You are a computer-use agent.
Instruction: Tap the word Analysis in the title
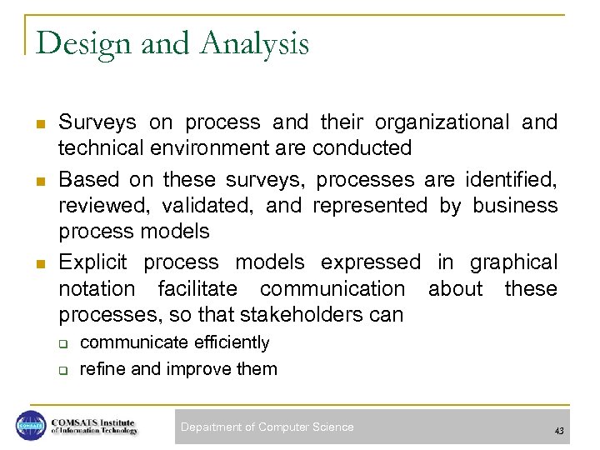click(x=249, y=43)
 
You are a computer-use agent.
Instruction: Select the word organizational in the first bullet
click(x=442, y=122)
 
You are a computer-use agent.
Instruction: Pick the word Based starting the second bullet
click(x=87, y=179)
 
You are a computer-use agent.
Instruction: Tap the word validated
click(x=208, y=205)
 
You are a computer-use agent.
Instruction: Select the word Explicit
click(x=92, y=262)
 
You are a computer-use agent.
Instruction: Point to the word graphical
click(x=513, y=262)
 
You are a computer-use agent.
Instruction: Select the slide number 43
click(x=558, y=430)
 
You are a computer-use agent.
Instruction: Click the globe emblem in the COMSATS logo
click(x=31, y=426)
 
